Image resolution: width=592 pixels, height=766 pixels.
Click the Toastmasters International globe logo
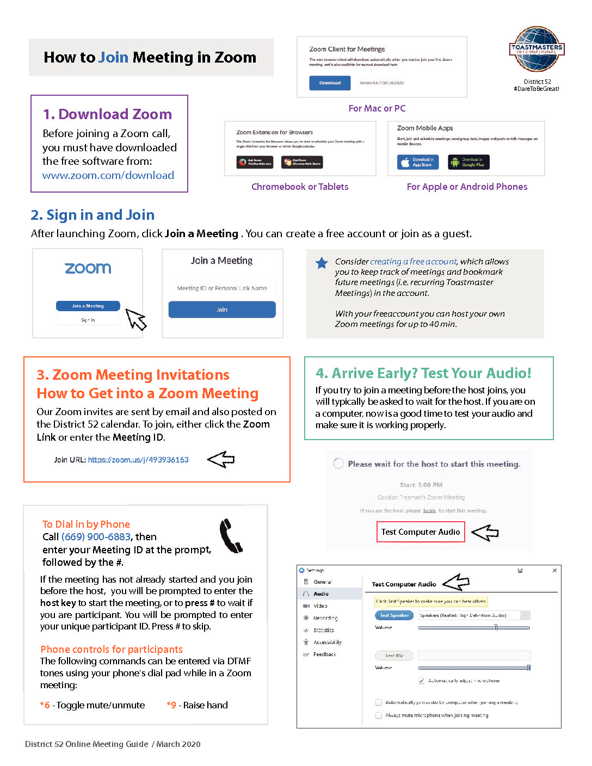(x=536, y=49)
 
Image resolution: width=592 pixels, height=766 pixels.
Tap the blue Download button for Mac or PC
(x=330, y=83)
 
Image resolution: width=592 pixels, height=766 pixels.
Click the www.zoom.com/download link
(x=108, y=175)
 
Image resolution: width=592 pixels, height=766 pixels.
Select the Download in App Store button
(x=418, y=162)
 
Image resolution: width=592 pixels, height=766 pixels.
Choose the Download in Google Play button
(x=468, y=162)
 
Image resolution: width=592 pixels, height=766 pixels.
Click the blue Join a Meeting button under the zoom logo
(x=88, y=306)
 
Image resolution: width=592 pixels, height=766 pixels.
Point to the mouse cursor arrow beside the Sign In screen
(x=136, y=319)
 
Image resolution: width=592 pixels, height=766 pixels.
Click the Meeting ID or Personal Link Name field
(x=222, y=288)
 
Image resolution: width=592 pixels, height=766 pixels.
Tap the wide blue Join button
(x=222, y=310)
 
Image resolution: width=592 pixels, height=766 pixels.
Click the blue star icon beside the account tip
(x=322, y=263)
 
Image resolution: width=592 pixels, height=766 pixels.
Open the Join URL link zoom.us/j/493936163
(x=138, y=460)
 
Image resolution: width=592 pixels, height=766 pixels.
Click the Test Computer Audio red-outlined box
(x=421, y=532)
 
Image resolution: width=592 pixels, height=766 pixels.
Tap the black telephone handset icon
(x=231, y=536)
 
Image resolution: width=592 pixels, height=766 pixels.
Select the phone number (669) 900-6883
(x=96, y=537)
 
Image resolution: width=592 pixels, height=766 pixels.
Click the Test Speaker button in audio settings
(x=394, y=615)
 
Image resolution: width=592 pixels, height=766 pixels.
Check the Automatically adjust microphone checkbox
(x=422, y=681)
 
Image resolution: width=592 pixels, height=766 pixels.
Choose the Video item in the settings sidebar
(x=320, y=606)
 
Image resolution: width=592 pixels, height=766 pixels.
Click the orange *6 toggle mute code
(x=45, y=705)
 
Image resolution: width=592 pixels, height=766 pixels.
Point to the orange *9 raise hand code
(x=171, y=705)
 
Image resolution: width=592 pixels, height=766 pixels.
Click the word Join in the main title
(x=114, y=57)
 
